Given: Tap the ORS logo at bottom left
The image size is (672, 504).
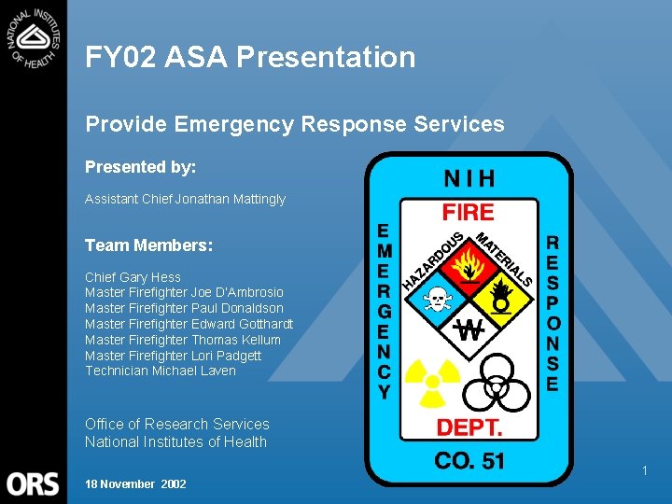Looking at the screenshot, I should pyautogui.click(x=34, y=483).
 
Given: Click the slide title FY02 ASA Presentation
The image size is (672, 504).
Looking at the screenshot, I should pyautogui.click(x=250, y=58).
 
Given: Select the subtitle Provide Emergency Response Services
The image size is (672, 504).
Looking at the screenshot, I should pyautogui.click(x=295, y=124).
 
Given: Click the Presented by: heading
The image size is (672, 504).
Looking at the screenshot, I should pyautogui.click(x=141, y=167).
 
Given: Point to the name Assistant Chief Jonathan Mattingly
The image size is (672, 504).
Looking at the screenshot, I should pyautogui.click(x=185, y=199).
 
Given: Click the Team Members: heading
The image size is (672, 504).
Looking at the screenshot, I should pyautogui.click(x=149, y=245).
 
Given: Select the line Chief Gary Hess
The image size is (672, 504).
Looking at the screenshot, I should pyautogui.click(x=133, y=277).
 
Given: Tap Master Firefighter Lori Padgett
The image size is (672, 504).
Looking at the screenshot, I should pyautogui.click(x=173, y=356).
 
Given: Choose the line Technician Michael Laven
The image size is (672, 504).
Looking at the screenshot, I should pyautogui.click(x=160, y=371).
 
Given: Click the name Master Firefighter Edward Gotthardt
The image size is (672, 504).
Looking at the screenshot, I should pyautogui.click(x=189, y=324).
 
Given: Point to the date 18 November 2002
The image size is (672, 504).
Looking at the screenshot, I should pyautogui.click(x=135, y=483).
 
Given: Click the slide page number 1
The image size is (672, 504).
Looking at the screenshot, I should pyautogui.click(x=644, y=471).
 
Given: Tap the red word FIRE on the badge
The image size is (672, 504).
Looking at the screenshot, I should pyautogui.click(x=468, y=211).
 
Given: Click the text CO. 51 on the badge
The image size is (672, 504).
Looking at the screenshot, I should pyautogui.click(x=469, y=461).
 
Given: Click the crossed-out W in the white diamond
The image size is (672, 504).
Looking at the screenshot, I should pyautogui.click(x=469, y=329).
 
